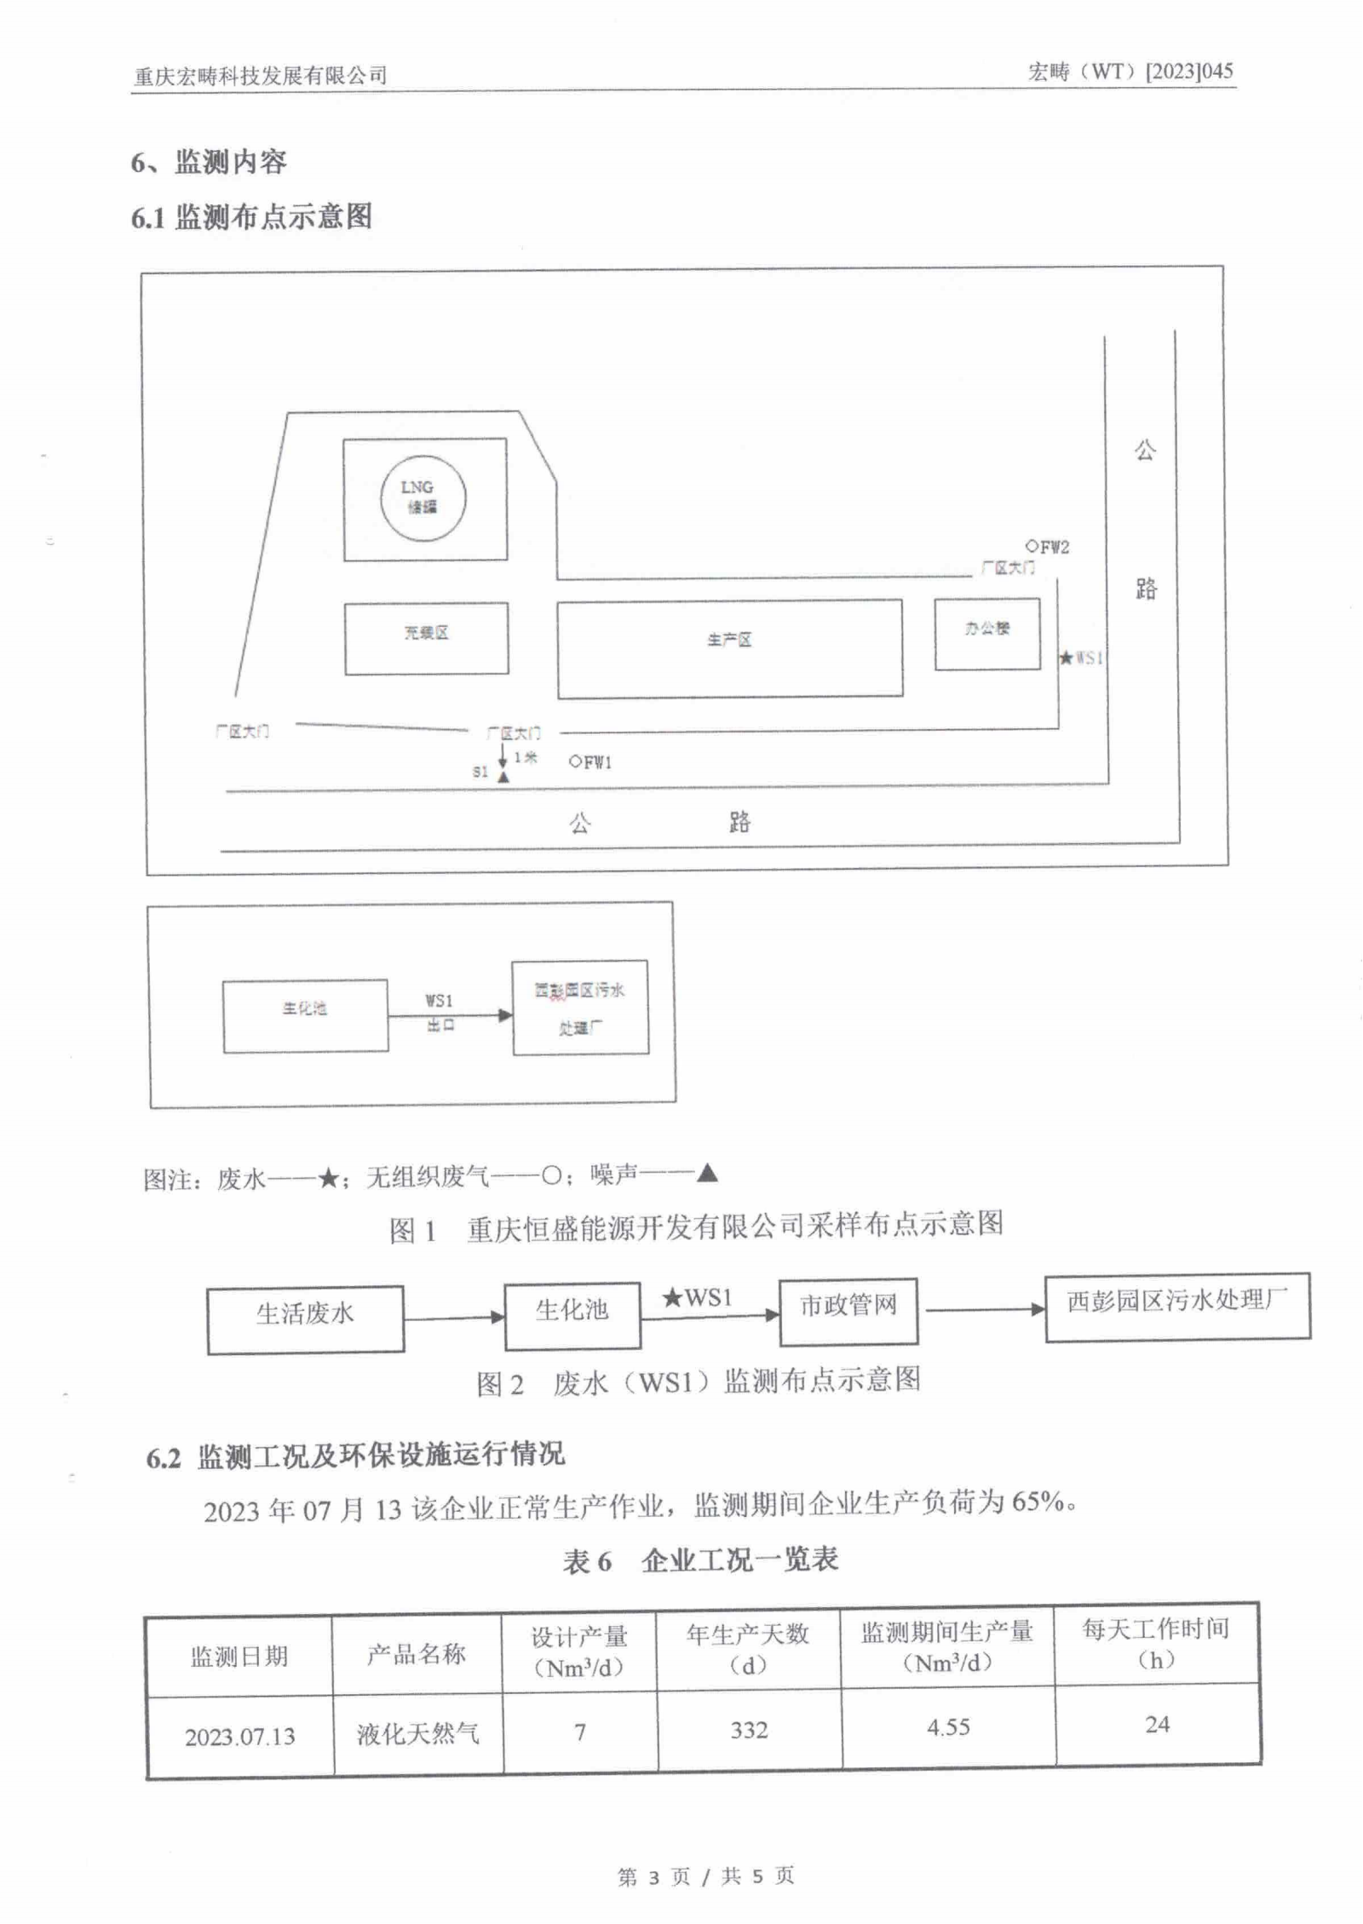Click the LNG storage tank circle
click(x=423, y=498)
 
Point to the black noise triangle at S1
click(x=503, y=777)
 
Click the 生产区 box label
click(x=729, y=640)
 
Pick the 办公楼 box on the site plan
click(x=986, y=633)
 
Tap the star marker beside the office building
click(x=1066, y=658)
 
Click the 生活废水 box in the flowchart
click(x=305, y=1319)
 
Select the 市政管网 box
click(x=848, y=1312)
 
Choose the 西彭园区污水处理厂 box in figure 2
click(x=1176, y=1307)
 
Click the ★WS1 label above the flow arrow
click(x=698, y=1298)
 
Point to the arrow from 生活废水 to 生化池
click(x=454, y=1318)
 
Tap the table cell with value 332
click(x=749, y=1730)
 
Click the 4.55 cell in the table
click(x=948, y=1727)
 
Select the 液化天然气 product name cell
click(x=417, y=1733)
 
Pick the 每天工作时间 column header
click(x=1156, y=1643)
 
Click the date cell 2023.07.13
click(x=239, y=1737)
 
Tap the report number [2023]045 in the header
click(x=1189, y=71)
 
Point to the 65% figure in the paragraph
click(x=1038, y=1501)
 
